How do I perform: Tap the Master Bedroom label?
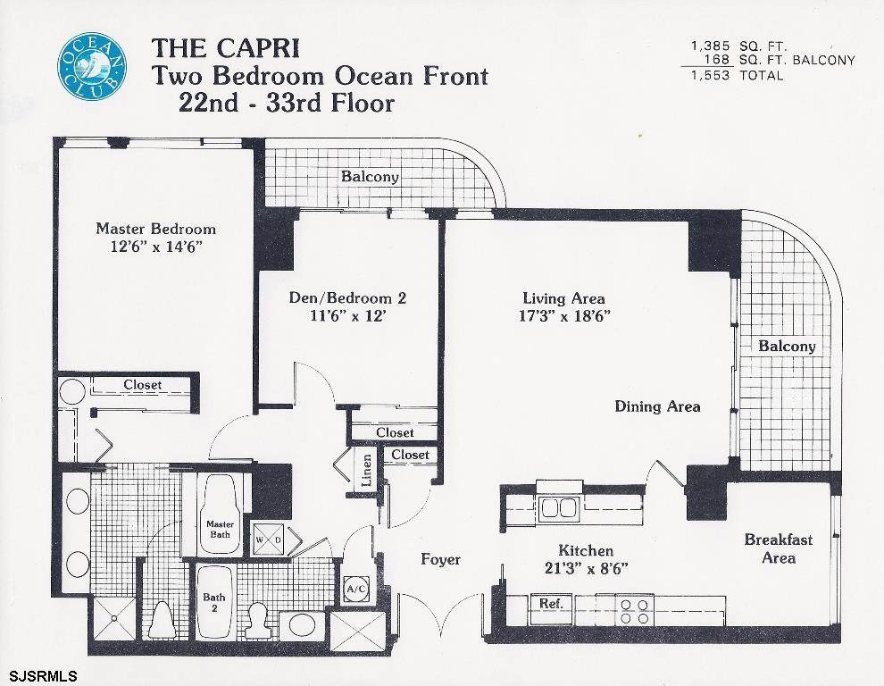pyautogui.click(x=155, y=229)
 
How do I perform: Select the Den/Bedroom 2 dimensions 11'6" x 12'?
pyautogui.click(x=348, y=315)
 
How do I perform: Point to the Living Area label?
pyautogui.click(x=563, y=298)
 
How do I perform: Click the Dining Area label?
pyautogui.click(x=657, y=406)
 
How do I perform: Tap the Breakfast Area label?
pyautogui.click(x=779, y=548)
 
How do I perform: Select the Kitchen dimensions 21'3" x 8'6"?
pyautogui.click(x=587, y=568)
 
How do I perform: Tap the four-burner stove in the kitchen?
pyautogui.click(x=635, y=610)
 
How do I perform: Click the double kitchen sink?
pyautogui.click(x=560, y=508)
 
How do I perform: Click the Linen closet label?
pyautogui.click(x=366, y=470)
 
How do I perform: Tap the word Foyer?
pyautogui.click(x=441, y=559)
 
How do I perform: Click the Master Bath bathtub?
pyautogui.click(x=220, y=514)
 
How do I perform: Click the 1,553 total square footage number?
pyautogui.click(x=711, y=75)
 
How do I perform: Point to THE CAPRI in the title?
pyautogui.click(x=225, y=48)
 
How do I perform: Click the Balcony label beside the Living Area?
pyautogui.click(x=787, y=347)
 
